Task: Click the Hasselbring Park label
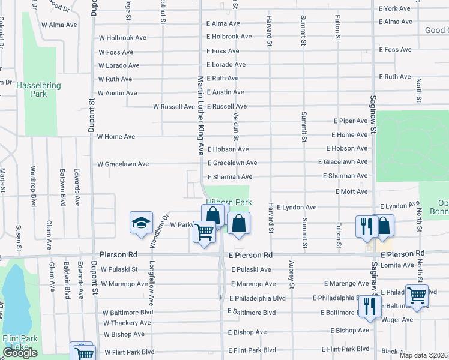pyautogui.click(x=38, y=90)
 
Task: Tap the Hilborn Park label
pyautogui.click(x=229, y=203)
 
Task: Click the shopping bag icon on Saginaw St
pyautogui.click(x=384, y=226)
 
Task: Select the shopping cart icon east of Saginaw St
pyautogui.click(x=416, y=295)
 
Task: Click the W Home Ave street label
pyautogui.click(x=116, y=137)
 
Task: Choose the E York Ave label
pyautogui.click(x=394, y=8)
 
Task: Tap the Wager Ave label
pyautogui.click(x=397, y=320)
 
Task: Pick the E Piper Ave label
pyautogui.click(x=351, y=120)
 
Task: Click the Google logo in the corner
pyautogui.click(x=20, y=353)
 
